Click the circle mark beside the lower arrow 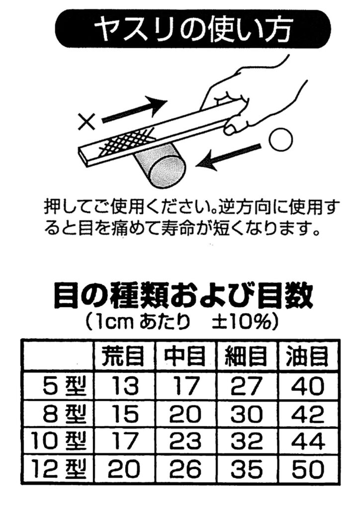point(280,140)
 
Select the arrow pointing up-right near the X point(134,110)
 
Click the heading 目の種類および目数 point(183,296)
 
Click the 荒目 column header point(124,356)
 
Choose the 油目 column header point(307,356)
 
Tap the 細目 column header point(246,356)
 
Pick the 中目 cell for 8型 point(185,414)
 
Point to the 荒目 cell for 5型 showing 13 point(124,386)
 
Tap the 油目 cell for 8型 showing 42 point(308,414)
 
